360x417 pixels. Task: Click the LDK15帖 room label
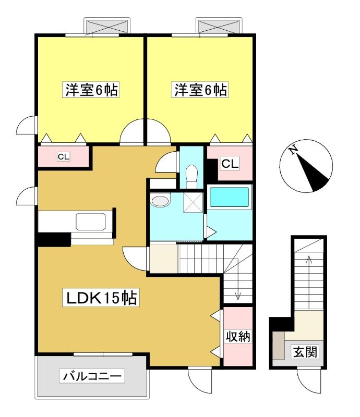(101, 298)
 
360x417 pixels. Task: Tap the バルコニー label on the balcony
(92, 376)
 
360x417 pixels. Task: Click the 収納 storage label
(238, 337)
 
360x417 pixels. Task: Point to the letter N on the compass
(294, 150)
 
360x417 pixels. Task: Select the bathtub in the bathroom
(230, 197)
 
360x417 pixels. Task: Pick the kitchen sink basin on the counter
(91, 221)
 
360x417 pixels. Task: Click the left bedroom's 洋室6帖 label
(91, 90)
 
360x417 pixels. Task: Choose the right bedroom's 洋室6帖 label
(200, 90)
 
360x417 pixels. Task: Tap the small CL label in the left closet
(64, 157)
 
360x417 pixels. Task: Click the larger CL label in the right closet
(230, 164)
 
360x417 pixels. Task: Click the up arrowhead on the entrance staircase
(309, 259)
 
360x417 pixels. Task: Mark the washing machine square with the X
(193, 202)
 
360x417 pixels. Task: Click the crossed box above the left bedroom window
(107, 26)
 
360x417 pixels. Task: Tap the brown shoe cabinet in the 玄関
(279, 345)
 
